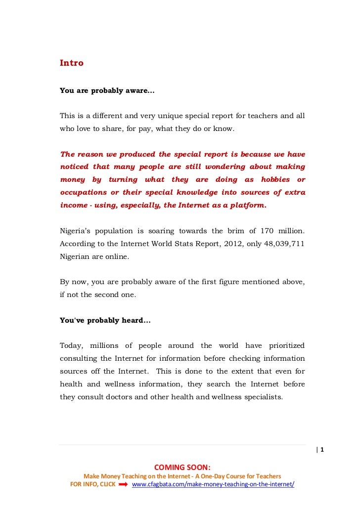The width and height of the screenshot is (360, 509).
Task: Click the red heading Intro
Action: coord(72,63)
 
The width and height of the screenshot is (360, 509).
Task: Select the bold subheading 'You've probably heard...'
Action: coord(105,320)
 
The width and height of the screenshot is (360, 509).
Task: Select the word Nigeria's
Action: coord(77,231)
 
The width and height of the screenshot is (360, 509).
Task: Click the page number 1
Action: coord(322,450)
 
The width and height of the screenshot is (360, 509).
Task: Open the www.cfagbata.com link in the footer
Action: coord(213,484)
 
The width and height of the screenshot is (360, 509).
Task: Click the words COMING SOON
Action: coord(182,467)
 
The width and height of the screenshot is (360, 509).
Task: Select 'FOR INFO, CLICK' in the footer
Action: coord(93,484)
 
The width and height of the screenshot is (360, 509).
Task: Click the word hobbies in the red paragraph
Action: coord(273,179)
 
